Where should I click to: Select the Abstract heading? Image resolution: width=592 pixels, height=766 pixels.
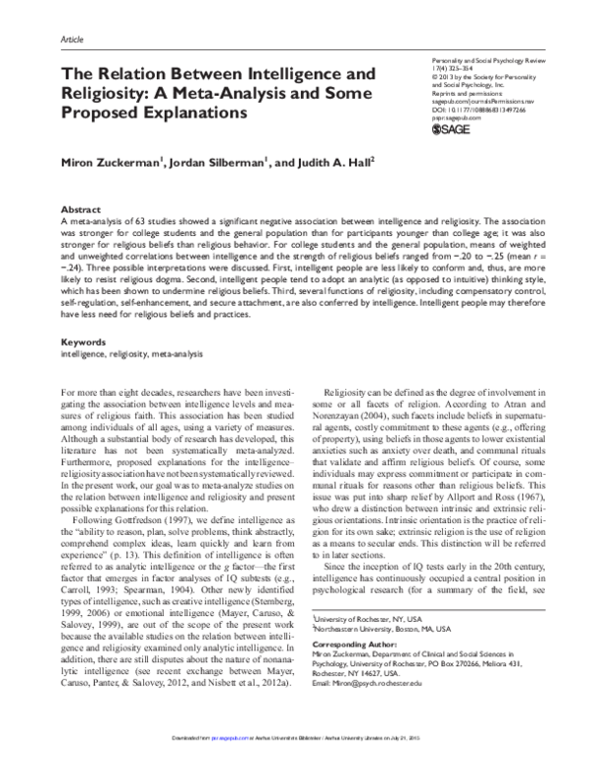coord(81,210)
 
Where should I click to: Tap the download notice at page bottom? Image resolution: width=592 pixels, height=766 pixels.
coord(296,757)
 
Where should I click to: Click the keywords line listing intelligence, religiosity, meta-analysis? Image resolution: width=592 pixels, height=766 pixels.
coord(122,325)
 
